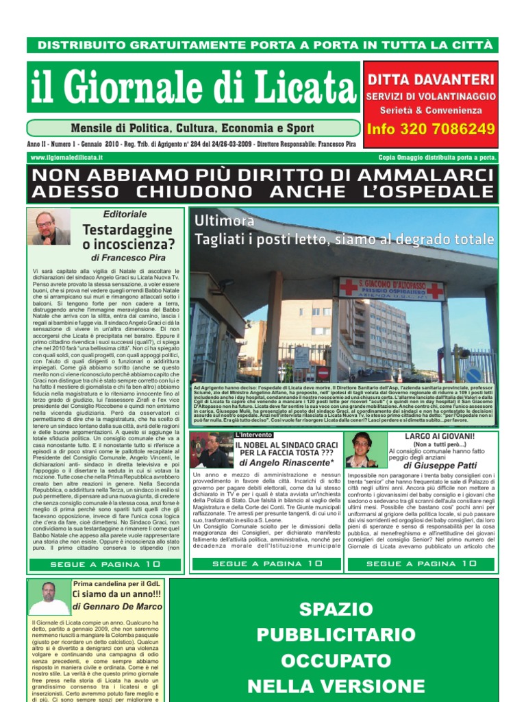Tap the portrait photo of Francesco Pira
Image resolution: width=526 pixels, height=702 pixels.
click(x=49, y=228)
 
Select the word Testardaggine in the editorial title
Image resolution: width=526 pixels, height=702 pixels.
click(x=127, y=229)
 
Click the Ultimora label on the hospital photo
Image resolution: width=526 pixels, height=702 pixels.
click(x=224, y=221)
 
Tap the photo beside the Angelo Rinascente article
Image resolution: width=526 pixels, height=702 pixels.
click(x=211, y=450)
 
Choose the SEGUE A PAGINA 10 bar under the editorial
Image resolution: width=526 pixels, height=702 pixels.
click(x=105, y=564)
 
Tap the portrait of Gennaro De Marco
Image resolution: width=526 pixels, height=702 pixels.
click(x=49, y=598)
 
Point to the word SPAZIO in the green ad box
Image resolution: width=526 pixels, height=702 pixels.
click(x=335, y=609)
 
